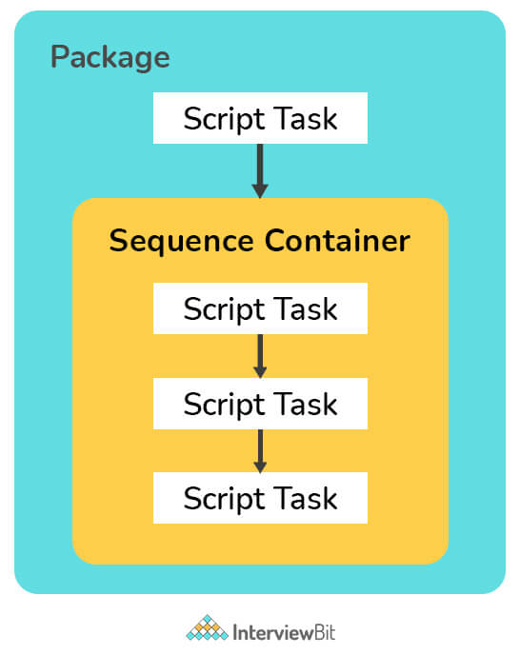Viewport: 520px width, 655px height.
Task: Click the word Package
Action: [110, 58]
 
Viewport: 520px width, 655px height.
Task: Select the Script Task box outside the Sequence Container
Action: [260, 118]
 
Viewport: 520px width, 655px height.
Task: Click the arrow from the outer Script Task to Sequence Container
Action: [260, 170]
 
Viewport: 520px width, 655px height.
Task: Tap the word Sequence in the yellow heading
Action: [181, 242]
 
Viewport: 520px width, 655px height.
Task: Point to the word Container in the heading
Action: [337, 241]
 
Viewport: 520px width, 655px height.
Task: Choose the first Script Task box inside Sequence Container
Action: [260, 308]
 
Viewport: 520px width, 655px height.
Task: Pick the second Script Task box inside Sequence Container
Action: [260, 404]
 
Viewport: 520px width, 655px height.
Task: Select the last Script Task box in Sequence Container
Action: [260, 498]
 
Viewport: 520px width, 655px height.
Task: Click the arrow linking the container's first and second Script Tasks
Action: [260, 356]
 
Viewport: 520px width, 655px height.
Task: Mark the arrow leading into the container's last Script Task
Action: [260, 451]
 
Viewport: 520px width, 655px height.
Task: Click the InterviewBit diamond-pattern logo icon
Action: [207, 627]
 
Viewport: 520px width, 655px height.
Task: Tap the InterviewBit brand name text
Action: [284, 632]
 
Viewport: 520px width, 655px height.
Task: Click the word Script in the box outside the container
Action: [224, 120]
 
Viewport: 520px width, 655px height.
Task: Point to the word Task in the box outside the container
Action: [307, 119]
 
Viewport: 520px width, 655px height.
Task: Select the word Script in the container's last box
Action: [224, 500]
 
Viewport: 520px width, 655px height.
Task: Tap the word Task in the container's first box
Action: [307, 308]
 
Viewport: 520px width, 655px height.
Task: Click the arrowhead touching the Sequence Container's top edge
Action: [260, 191]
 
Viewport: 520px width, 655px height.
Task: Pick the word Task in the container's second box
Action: [307, 404]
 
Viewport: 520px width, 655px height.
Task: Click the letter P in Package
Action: [59, 56]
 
